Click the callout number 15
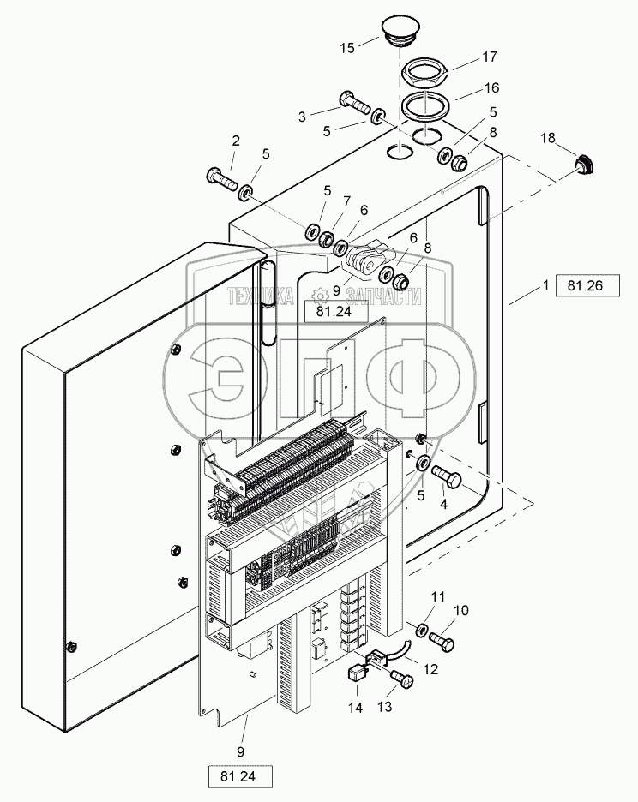click(x=346, y=48)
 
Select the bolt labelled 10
click(x=440, y=638)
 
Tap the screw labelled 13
click(x=402, y=680)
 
